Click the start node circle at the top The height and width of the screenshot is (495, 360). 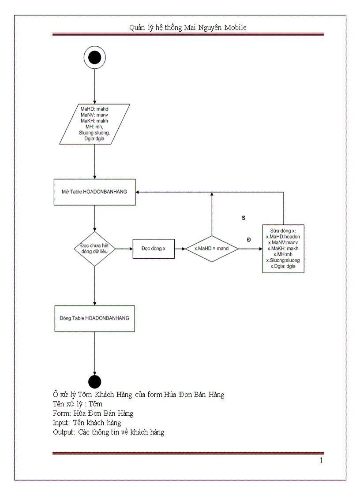[94, 58]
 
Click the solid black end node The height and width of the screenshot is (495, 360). [94, 382]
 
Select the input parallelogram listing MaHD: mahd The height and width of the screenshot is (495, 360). [94, 124]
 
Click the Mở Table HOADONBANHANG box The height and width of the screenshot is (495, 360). [94, 192]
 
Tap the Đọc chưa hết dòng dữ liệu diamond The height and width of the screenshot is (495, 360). [94, 249]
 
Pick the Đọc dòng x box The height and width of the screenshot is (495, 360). [153, 249]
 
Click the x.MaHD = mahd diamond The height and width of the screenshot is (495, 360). [212, 249]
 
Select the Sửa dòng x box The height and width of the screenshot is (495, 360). [283, 248]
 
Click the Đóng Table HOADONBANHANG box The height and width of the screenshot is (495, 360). [94, 318]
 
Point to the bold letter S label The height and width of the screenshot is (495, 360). [244, 218]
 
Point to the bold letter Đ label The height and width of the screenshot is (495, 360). [249, 239]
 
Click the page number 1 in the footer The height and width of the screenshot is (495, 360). [321, 461]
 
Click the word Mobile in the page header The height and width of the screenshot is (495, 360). [235, 27]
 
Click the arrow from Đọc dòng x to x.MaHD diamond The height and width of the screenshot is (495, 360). [180, 249]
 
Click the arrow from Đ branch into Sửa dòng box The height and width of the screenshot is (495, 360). [250, 249]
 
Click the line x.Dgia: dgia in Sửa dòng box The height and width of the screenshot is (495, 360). [283, 266]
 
